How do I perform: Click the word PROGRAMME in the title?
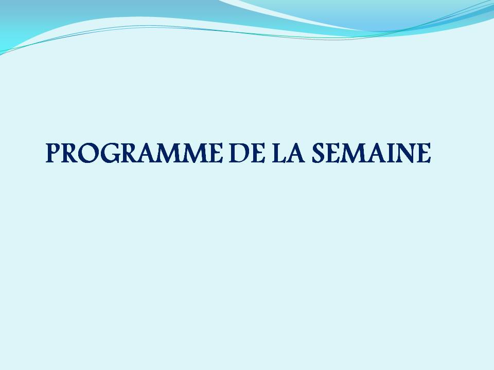click(x=134, y=153)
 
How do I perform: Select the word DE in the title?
click(x=246, y=153)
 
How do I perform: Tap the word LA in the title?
click(x=288, y=153)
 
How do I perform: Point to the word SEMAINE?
click(x=371, y=153)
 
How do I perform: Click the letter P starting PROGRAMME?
click(x=54, y=153)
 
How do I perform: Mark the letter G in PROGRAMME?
click(x=109, y=153)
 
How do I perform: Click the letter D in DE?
click(x=239, y=153)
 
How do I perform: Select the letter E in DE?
click(x=257, y=153)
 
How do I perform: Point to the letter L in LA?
click(x=279, y=153)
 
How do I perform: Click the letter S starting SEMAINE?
click(x=319, y=153)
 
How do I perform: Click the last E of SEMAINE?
click(x=424, y=153)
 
